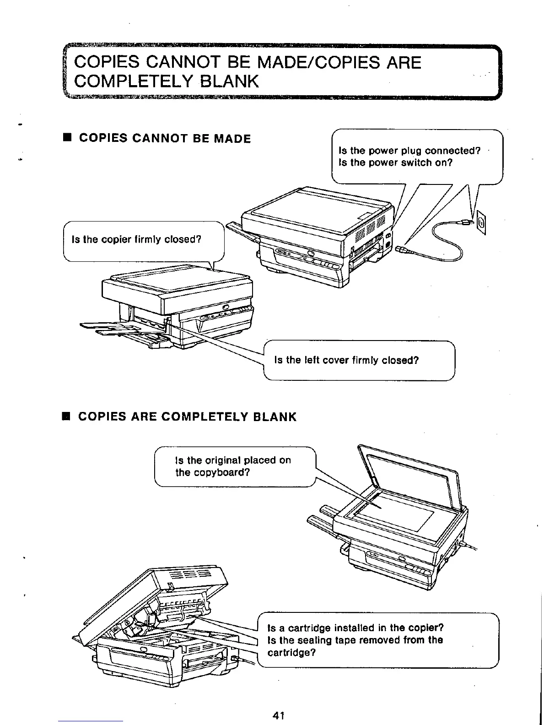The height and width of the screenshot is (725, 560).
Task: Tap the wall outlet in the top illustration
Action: [481, 223]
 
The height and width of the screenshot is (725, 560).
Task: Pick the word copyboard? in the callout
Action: [213, 472]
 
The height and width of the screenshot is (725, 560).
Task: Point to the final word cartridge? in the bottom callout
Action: [291, 652]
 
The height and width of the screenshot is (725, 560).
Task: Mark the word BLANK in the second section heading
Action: [275, 417]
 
